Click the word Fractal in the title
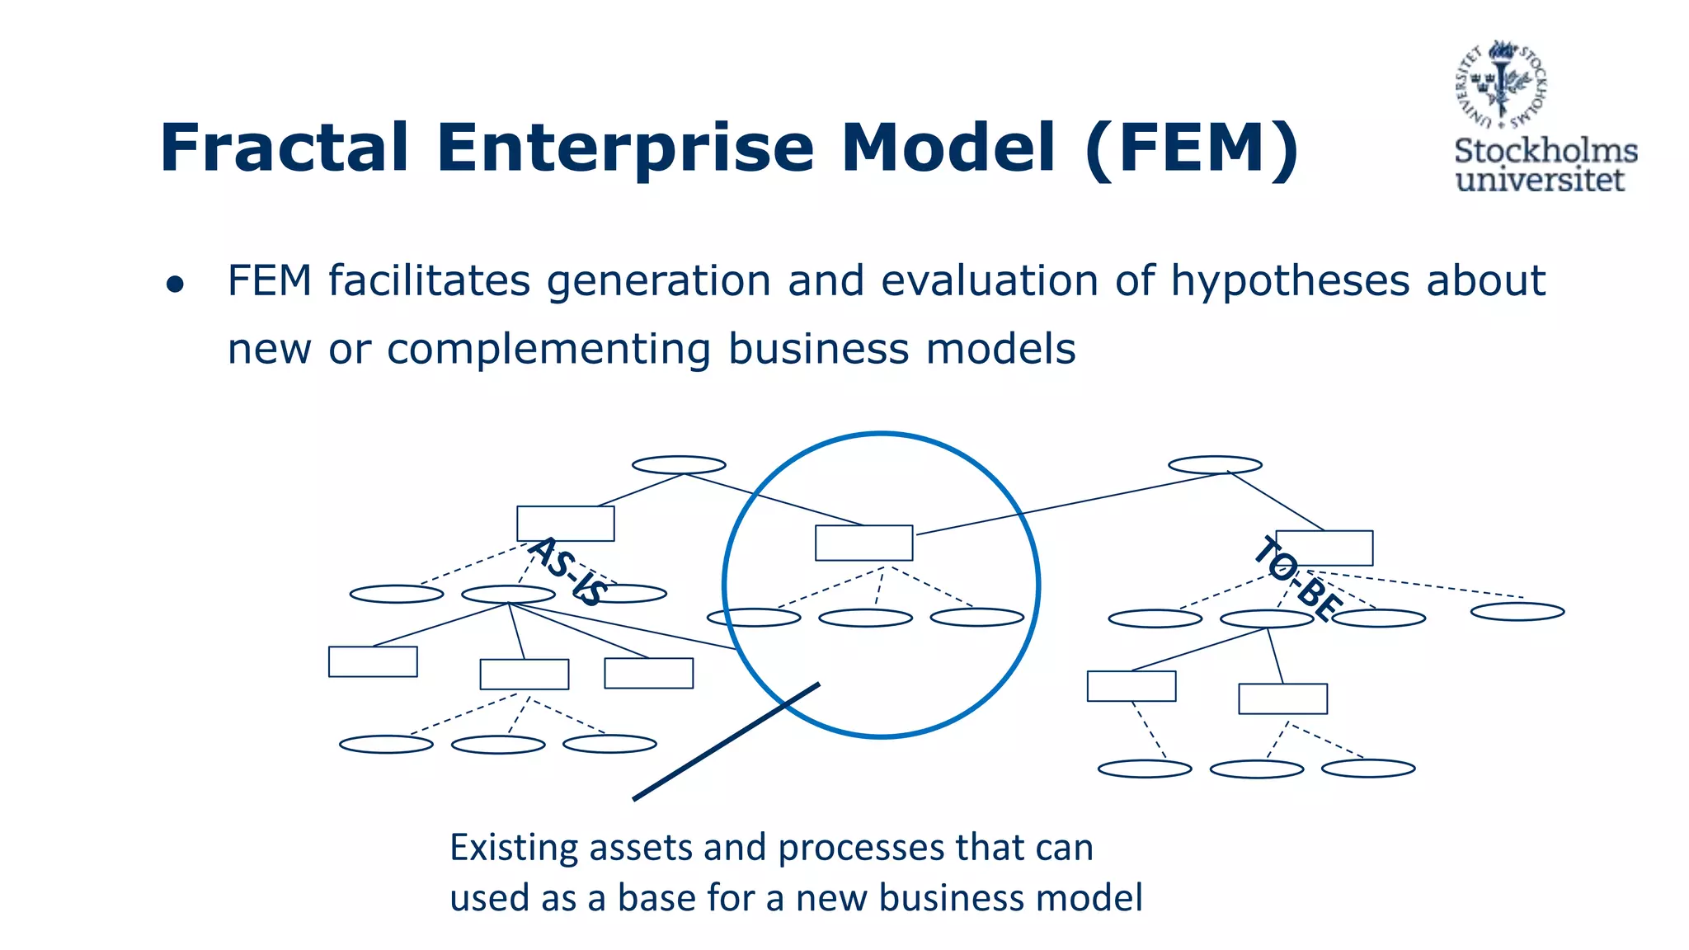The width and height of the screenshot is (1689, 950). click(x=284, y=148)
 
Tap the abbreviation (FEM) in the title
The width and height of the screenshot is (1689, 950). click(x=1192, y=148)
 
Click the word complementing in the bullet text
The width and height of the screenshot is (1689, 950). click(x=548, y=349)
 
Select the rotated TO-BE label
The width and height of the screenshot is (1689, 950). click(x=1297, y=578)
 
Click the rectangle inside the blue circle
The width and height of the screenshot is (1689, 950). click(x=863, y=543)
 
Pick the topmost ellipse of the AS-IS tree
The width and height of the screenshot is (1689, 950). click(x=679, y=464)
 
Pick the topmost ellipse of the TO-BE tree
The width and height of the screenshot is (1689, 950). click(x=1215, y=464)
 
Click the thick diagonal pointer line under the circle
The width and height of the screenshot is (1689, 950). click(x=726, y=741)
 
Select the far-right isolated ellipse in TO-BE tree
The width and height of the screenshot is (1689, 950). click(x=1517, y=611)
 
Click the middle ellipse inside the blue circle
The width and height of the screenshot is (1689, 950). click(x=865, y=618)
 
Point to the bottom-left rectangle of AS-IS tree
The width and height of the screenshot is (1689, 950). click(x=373, y=661)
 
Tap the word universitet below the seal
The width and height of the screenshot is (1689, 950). click(x=1540, y=181)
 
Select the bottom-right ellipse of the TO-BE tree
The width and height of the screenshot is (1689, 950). click(x=1368, y=769)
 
